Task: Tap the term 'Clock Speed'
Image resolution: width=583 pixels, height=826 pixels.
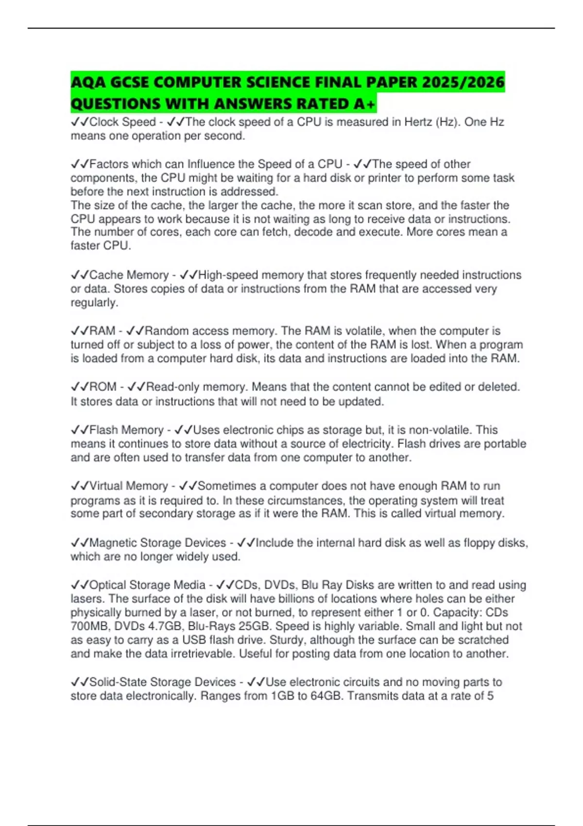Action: coord(122,122)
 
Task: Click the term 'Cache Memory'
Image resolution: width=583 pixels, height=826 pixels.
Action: coord(129,275)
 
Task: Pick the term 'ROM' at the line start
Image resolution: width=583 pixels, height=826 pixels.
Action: coord(103,387)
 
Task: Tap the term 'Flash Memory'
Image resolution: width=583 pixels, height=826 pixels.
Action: coord(126,430)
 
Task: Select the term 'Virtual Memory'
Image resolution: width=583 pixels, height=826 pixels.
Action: coord(129,486)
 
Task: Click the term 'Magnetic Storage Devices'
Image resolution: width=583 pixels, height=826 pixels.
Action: coord(158,543)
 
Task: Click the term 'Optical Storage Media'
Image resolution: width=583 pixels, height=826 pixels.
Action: coord(148,585)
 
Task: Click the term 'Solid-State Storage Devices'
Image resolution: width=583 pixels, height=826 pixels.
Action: coord(163,682)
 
